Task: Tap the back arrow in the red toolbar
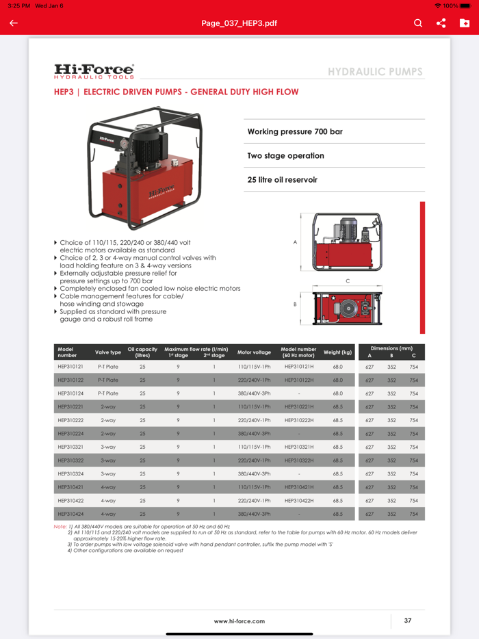point(14,23)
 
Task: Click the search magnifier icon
point(418,23)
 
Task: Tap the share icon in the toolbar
point(441,23)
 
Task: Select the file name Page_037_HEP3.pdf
point(239,23)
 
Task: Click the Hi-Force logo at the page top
point(94,71)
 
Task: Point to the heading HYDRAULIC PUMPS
point(375,72)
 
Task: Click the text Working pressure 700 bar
point(295,131)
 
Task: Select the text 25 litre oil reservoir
point(282,180)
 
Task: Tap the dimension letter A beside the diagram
point(295,242)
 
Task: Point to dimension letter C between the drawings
point(348,281)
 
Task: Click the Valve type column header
point(108,352)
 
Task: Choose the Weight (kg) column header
point(337,352)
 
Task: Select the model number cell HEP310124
point(70,393)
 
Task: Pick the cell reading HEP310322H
point(299,460)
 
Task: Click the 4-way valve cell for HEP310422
point(108,501)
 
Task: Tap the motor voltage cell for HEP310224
point(254,434)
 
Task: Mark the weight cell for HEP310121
point(337,367)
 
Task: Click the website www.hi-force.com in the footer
point(239,621)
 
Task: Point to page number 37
point(408,621)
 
